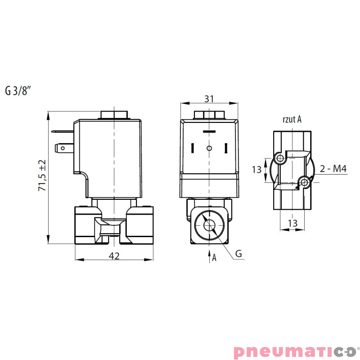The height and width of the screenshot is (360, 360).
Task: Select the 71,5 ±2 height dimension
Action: coord(43,176)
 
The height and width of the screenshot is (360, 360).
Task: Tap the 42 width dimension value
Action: coord(114,256)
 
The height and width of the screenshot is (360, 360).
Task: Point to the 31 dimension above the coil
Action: coord(209,98)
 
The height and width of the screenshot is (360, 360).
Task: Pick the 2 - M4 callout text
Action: coord(333,169)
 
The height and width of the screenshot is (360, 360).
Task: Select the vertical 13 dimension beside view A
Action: coord(257,170)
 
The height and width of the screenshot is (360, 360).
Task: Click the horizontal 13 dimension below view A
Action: coord(292,223)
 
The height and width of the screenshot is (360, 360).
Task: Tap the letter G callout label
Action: coord(239,254)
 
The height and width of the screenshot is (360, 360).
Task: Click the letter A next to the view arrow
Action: coord(214,257)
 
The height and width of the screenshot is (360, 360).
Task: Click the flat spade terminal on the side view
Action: coord(63,147)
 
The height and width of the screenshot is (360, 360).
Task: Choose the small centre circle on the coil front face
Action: coord(208,148)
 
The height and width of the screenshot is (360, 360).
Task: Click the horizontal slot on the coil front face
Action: coord(208,131)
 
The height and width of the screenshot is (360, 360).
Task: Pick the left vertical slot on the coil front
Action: coord(192,148)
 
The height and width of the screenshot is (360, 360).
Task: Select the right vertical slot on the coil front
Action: coord(226,148)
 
